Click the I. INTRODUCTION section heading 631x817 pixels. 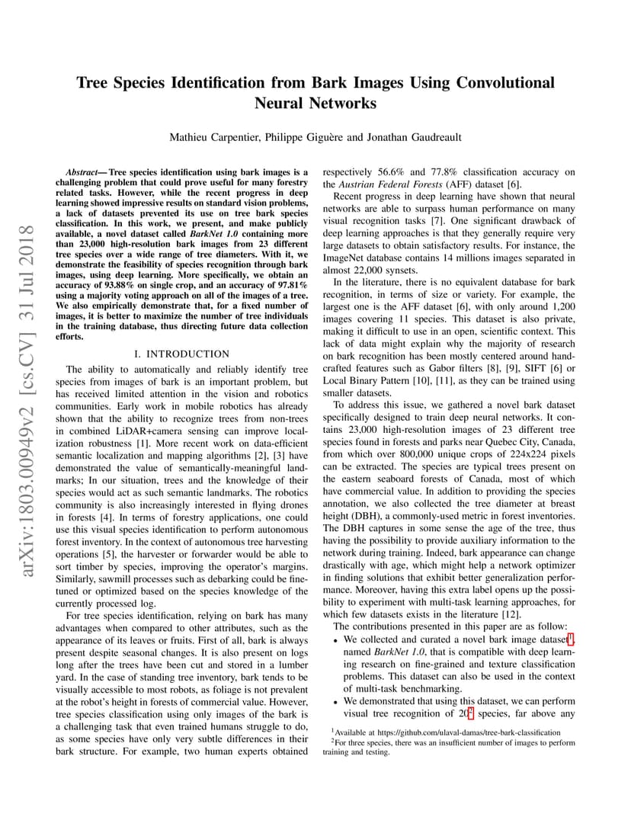click(x=181, y=354)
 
